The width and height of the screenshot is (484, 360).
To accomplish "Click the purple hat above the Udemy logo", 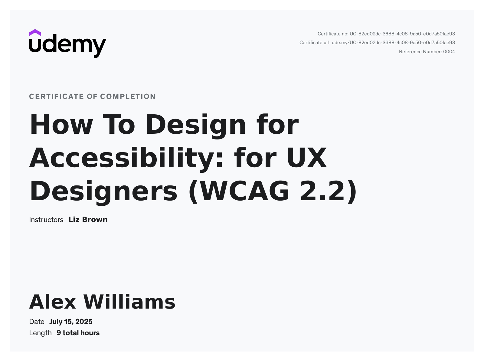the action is (x=35, y=33).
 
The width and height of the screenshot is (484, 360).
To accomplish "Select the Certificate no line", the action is (x=386, y=34).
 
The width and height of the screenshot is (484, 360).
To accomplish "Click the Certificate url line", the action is (x=377, y=43).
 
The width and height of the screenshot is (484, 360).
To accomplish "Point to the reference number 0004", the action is (x=449, y=52).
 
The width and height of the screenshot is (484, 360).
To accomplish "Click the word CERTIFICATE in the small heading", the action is (x=57, y=97).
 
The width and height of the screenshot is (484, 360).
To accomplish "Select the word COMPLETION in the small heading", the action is (x=128, y=97).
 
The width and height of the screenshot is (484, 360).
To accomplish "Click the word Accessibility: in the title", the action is (x=126, y=158).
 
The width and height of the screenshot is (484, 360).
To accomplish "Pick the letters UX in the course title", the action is (x=307, y=158).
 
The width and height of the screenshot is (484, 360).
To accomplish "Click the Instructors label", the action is (x=46, y=220).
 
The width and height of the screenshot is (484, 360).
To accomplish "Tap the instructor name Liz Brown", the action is (x=88, y=220).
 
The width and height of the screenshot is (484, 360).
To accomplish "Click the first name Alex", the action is (x=53, y=302).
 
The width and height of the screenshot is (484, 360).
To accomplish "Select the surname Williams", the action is (x=129, y=302).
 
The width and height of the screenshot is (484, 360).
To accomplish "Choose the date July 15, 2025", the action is (x=71, y=322).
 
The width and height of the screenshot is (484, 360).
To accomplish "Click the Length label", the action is (x=40, y=333).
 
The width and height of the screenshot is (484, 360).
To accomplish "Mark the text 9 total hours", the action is (x=78, y=333).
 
